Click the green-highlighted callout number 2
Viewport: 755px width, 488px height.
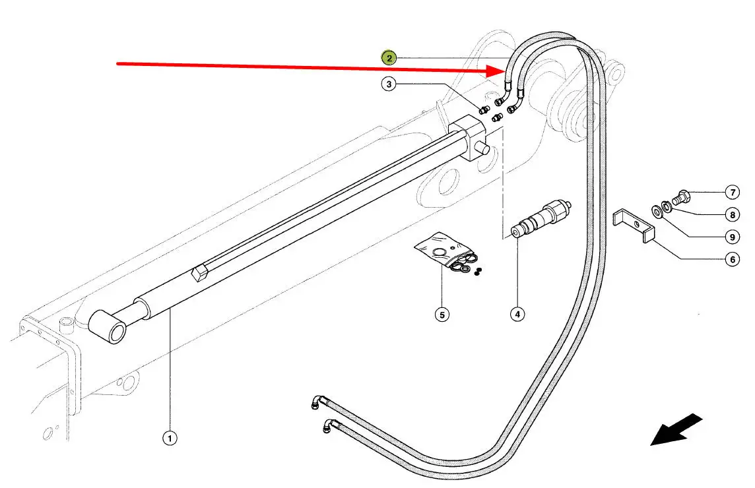coord(389,58)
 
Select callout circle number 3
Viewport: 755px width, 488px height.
coord(389,84)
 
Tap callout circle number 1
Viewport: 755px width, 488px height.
coord(170,437)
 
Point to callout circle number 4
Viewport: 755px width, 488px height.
coord(517,315)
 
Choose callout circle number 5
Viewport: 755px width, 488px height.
coord(442,315)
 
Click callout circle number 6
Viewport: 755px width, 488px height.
coord(732,260)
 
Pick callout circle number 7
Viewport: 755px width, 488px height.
coord(732,193)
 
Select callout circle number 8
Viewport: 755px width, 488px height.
coord(732,214)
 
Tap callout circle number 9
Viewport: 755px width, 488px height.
coord(732,237)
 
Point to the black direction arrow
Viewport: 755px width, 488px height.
coord(676,429)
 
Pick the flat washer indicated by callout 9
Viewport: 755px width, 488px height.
coord(657,211)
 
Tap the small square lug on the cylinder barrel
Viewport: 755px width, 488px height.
coord(201,273)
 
